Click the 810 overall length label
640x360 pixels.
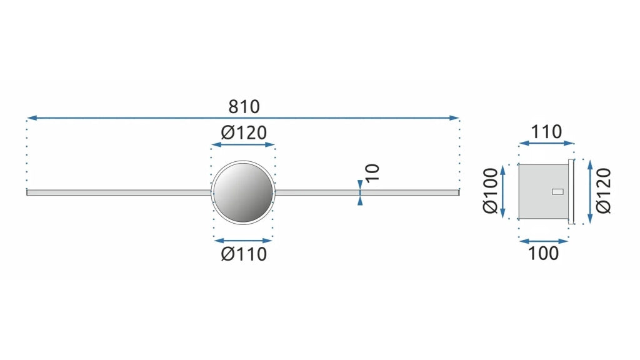(x=244, y=106)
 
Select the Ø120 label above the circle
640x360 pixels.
(x=244, y=132)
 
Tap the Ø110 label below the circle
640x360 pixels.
(x=244, y=254)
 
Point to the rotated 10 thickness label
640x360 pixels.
(x=372, y=172)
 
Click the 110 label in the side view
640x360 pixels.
(x=546, y=132)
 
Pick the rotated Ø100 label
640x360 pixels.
(x=490, y=191)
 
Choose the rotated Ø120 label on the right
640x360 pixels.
(x=603, y=191)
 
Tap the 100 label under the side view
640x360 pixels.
(x=543, y=254)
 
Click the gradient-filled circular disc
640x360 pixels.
(x=243, y=192)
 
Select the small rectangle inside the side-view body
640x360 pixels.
(x=557, y=192)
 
